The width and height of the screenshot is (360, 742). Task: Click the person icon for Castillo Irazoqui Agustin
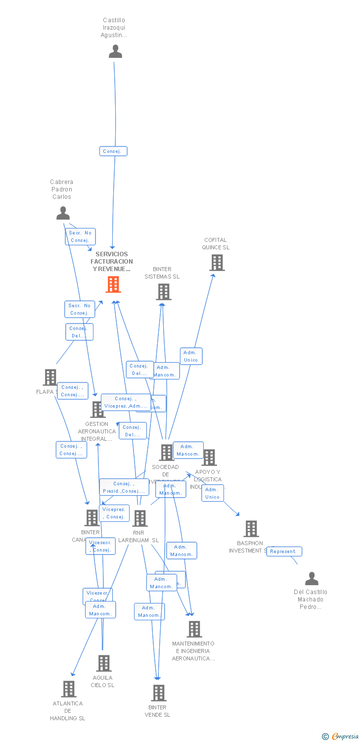coord(115,51)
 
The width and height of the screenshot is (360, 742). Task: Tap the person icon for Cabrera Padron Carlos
coord(63,213)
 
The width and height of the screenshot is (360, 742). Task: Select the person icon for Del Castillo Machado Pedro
coord(312,578)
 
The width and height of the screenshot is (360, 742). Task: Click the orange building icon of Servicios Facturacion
coord(113,284)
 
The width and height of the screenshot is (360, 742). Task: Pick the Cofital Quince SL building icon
coord(217,263)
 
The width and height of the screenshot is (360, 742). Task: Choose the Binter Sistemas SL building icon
coord(164,292)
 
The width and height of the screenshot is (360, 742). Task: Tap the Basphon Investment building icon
coord(251,529)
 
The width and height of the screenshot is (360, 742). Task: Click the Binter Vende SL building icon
coord(159,693)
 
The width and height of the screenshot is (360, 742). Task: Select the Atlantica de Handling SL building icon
coord(69,689)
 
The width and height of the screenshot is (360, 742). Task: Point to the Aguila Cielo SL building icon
coord(104,663)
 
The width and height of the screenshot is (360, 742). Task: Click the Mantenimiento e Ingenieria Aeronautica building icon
coord(194,629)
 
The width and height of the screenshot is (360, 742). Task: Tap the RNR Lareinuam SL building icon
coord(140,518)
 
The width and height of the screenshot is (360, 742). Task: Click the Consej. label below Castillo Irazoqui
coord(113,151)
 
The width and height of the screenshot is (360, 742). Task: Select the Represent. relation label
coord(284,552)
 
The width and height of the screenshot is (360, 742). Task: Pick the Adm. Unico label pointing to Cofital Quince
coord(191,356)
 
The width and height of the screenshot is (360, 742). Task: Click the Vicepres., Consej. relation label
coord(115,513)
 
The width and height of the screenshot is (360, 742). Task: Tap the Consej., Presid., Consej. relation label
coord(124,487)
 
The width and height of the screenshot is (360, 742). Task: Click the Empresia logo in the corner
coord(341,736)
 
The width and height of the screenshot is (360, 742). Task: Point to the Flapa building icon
coord(50,377)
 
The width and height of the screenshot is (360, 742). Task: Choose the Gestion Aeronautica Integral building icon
coord(97,410)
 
